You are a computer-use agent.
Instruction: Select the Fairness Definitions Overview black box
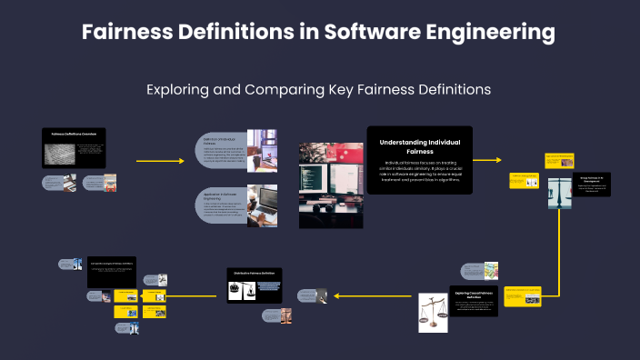coord(75,147)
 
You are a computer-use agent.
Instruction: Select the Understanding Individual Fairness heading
coord(419,146)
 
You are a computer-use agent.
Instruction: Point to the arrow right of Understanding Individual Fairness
coord(487,160)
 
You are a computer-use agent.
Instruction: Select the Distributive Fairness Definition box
coord(255,285)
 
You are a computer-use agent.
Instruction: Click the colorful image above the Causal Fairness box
coord(491,271)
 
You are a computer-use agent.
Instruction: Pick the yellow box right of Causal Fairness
coord(524,295)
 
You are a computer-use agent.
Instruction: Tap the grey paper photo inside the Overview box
coord(61,155)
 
